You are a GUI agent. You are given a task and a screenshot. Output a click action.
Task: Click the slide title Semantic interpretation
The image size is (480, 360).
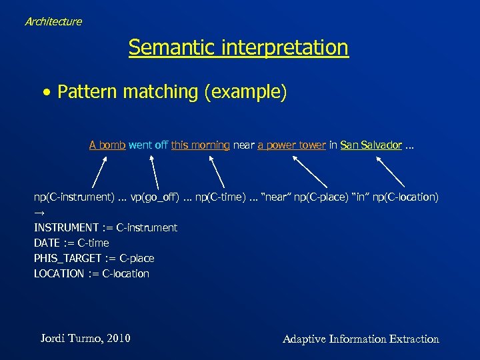pos(239,47)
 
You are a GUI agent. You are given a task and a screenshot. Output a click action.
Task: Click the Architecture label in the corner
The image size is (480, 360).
pos(53,21)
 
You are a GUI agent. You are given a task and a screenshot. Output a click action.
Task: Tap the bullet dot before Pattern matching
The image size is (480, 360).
pos(45,93)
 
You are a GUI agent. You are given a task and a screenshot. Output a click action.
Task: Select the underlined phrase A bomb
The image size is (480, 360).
pos(107,145)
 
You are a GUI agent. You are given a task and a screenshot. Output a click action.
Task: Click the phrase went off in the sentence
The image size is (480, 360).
pos(148,145)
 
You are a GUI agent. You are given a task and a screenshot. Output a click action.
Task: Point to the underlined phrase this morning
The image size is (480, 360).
pos(201,145)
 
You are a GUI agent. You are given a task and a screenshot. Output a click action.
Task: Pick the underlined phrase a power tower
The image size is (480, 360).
pos(291,145)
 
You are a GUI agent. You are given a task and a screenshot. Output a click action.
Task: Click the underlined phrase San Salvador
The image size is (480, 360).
pos(371,145)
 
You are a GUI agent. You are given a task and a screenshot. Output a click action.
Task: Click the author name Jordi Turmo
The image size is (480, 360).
pos(85,339)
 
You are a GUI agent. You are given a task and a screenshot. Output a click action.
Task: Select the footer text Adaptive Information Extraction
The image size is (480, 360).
pos(361,339)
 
